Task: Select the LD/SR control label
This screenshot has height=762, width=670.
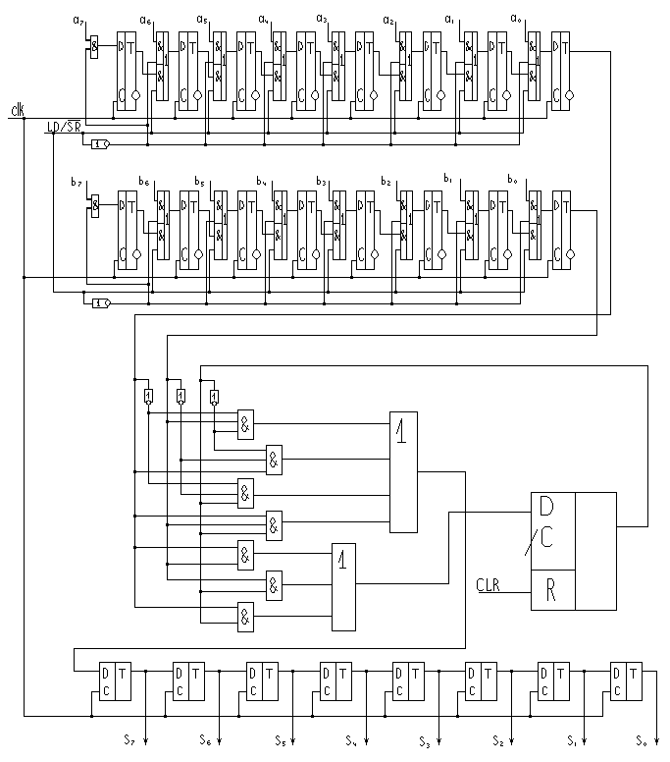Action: tap(65, 127)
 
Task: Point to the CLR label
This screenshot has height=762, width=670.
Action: tap(489, 585)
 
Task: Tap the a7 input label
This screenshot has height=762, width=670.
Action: tap(79, 20)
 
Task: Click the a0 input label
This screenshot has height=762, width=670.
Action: tap(515, 19)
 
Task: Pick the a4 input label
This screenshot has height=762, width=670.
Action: tap(263, 19)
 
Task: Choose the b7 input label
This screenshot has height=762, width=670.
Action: tap(76, 183)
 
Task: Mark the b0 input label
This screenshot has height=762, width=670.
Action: tap(511, 180)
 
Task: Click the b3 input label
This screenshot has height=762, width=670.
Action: tap(321, 182)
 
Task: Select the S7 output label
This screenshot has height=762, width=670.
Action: tap(129, 737)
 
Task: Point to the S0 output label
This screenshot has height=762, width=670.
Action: tap(640, 738)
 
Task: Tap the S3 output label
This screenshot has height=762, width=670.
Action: tap(423, 738)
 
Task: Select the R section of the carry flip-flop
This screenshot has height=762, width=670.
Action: tap(552, 589)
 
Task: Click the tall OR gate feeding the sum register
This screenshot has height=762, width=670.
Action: tap(403, 472)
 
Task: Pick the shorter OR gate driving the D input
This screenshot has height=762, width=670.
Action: tap(344, 586)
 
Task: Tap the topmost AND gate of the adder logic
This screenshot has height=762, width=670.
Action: tap(244, 423)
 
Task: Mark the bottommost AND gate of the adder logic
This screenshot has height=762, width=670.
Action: tap(244, 617)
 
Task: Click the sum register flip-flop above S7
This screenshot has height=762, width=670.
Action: tap(113, 681)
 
